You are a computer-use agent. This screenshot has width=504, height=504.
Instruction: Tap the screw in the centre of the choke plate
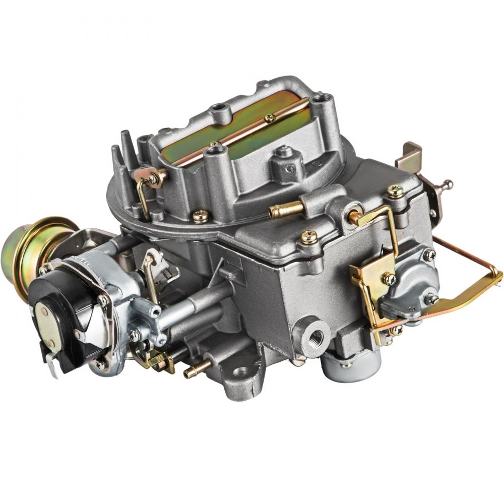pos(270,118)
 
